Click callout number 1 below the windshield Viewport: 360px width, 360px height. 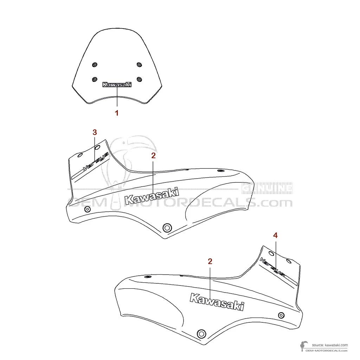117,113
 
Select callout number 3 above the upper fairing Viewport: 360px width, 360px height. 95,132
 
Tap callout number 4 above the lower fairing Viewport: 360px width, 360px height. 276,236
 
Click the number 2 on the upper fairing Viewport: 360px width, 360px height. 153,155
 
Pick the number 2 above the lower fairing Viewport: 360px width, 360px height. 210,261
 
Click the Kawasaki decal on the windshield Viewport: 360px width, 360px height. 117,85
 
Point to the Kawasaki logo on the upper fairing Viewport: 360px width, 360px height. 152,196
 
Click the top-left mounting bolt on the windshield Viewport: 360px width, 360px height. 94,65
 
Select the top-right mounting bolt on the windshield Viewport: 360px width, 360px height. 139,64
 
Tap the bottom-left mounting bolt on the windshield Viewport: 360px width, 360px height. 94,79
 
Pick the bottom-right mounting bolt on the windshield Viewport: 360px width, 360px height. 139,79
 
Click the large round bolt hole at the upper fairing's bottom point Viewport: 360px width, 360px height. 167,227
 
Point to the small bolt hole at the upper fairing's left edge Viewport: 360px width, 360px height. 87,210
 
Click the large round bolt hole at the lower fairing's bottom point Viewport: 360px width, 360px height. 201,333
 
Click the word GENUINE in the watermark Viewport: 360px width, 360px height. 267,188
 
